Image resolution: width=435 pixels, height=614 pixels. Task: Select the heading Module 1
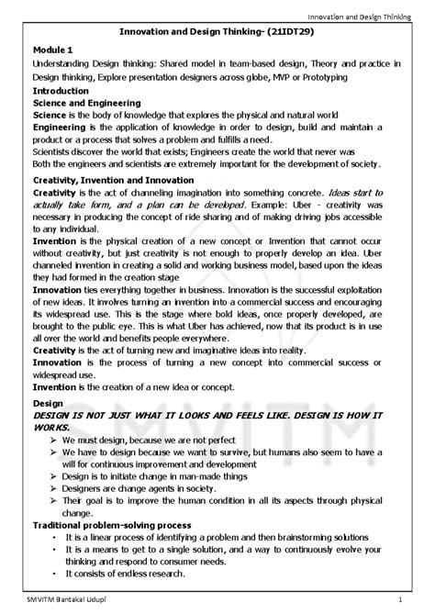click(57, 48)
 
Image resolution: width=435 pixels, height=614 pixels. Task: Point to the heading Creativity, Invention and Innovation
click(113, 181)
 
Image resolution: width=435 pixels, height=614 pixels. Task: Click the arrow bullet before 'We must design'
click(54, 441)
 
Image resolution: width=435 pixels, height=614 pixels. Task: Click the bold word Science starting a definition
click(50, 116)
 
